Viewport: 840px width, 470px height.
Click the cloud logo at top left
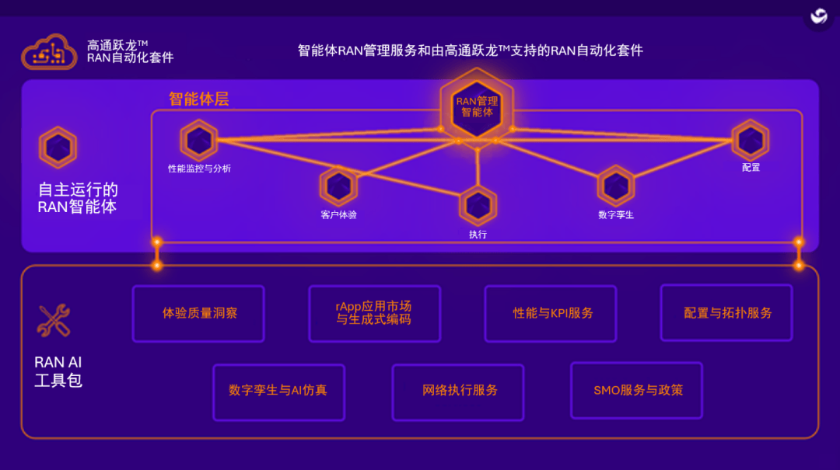click(x=49, y=52)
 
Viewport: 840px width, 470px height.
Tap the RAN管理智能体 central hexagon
click(x=477, y=106)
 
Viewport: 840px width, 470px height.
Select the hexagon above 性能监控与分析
click(x=199, y=141)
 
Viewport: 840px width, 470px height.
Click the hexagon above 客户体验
click(x=338, y=186)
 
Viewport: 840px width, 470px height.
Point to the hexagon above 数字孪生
click(x=616, y=186)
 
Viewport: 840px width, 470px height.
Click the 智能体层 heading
click(x=199, y=99)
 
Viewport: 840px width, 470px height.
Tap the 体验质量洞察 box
click(x=198, y=313)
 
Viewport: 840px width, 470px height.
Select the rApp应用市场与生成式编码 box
click(x=374, y=313)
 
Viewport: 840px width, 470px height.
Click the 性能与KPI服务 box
click(x=551, y=313)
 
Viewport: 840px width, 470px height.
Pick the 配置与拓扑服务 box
click(x=726, y=312)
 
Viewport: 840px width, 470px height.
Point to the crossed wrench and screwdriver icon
click(x=54, y=321)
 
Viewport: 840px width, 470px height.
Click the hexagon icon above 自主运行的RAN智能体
click(x=58, y=147)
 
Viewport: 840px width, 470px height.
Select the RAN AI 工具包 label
click(x=58, y=371)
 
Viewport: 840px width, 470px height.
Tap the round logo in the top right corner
click(x=818, y=16)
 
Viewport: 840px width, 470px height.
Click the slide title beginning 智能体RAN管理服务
click(x=471, y=50)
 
